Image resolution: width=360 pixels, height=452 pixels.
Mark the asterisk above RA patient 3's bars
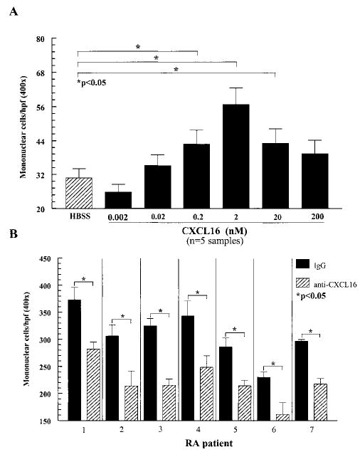click(161, 311)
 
